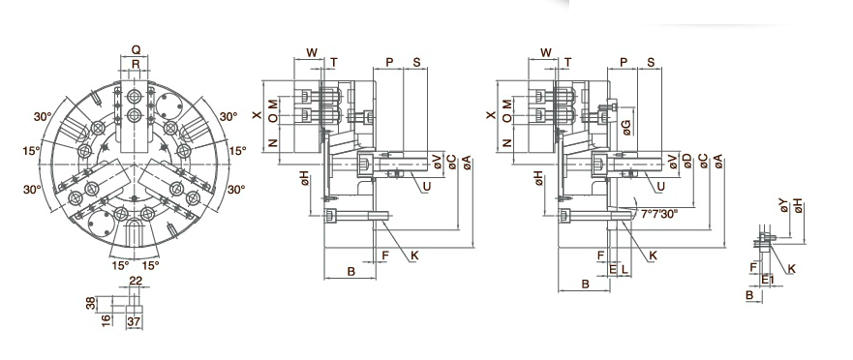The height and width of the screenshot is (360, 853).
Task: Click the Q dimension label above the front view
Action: pos(136,49)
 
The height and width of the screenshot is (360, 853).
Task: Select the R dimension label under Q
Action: pos(136,65)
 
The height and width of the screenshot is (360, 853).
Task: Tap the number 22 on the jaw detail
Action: pos(136,281)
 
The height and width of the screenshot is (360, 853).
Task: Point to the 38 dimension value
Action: pos(91,302)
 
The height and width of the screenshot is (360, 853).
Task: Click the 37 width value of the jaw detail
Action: pos(134,321)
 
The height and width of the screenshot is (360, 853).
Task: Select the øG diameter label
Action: pos(626,127)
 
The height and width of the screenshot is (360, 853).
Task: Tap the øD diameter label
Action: pos(687,161)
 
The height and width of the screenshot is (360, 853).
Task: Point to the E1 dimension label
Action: pos(768,280)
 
